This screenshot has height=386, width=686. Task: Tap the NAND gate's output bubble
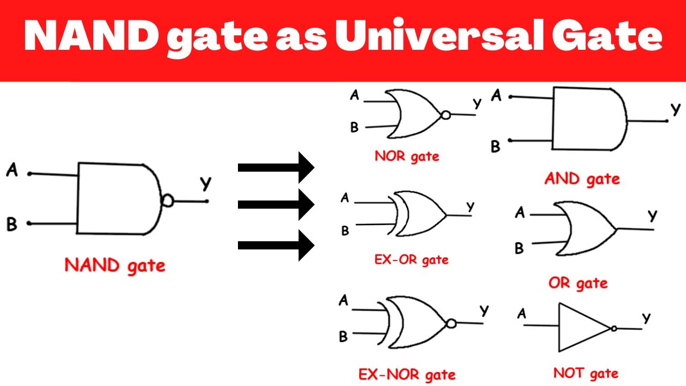pyautogui.click(x=167, y=201)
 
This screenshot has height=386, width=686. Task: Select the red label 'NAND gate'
pyautogui.click(x=115, y=266)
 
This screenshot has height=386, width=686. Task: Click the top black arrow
pyautogui.click(x=276, y=168)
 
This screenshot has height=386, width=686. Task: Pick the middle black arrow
pyautogui.click(x=276, y=204)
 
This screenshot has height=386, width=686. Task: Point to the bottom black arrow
pyautogui.click(x=276, y=246)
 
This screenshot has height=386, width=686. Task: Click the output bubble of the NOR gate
pyautogui.click(x=445, y=115)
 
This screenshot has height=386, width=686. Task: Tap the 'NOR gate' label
pyautogui.click(x=407, y=157)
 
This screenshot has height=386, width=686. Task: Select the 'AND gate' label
pyautogui.click(x=582, y=179)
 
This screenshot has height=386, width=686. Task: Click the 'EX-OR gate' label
pyautogui.click(x=411, y=260)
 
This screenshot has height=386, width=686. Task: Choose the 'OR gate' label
pyautogui.click(x=578, y=284)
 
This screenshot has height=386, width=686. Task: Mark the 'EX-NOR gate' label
pyautogui.click(x=407, y=375)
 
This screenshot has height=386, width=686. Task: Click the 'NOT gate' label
pyautogui.click(x=586, y=374)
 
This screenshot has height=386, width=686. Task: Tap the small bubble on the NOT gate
pyautogui.click(x=614, y=329)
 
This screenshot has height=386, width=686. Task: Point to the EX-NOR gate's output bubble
pyautogui.click(x=451, y=323)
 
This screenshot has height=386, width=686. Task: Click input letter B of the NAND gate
pyautogui.click(x=12, y=224)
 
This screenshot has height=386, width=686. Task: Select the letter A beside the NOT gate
pyautogui.click(x=522, y=314)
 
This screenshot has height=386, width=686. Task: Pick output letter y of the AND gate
pyautogui.click(x=675, y=109)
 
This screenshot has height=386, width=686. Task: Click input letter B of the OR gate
pyautogui.click(x=519, y=248)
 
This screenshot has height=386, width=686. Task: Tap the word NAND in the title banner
pyautogui.click(x=91, y=36)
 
